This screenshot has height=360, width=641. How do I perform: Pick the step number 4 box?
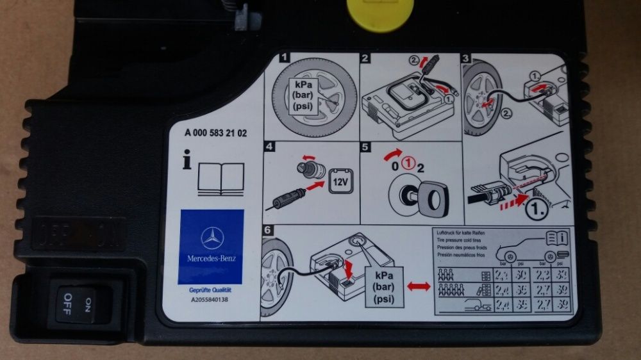point(269,147)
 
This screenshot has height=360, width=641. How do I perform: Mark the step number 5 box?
point(365,147)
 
